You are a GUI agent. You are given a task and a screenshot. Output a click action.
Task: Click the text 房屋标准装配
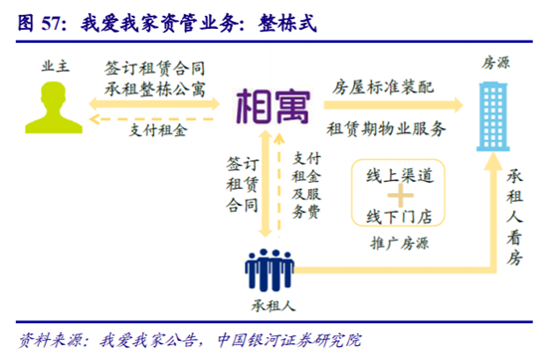click(x=383, y=86)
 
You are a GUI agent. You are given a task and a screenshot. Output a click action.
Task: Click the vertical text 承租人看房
click(x=516, y=213)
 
